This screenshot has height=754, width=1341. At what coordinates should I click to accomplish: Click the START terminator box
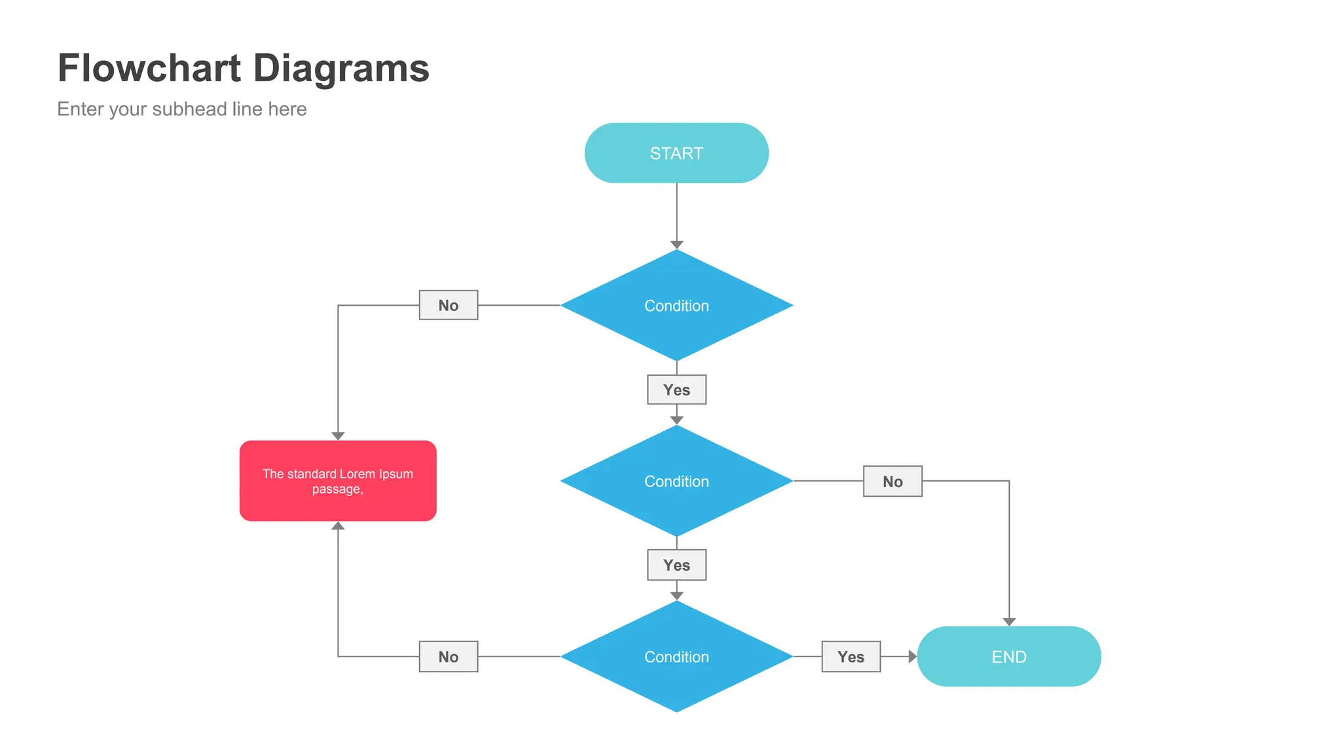pyautogui.click(x=676, y=153)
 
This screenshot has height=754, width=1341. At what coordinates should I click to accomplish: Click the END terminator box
pyautogui.click(x=1008, y=656)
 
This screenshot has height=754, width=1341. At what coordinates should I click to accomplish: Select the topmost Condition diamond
pyautogui.click(x=676, y=306)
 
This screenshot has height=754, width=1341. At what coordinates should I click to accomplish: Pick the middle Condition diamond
pyautogui.click(x=676, y=481)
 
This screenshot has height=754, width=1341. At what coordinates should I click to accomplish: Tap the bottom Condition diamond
pyautogui.click(x=676, y=656)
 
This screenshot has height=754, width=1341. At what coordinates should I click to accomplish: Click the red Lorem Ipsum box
pyautogui.click(x=338, y=481)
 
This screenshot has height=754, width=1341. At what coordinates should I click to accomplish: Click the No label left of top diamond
pyautogui.click(x=449, y=305)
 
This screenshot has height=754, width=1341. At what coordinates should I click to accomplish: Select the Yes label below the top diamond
pyautogui.click(x=676, y=389)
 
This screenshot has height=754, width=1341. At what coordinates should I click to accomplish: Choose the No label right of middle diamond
pyautogui.click(x=892, y=481)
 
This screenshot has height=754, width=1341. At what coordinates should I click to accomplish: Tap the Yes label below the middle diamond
pyautogui.click(x=676, y=565)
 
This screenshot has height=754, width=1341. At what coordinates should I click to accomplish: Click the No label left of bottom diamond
pyautogui.click(x=449, y=656)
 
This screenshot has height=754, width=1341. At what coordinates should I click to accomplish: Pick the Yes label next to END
pyautogui.click(x=851, y=656)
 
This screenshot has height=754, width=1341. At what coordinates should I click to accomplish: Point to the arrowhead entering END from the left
pyautogui.click(x=912, y=656)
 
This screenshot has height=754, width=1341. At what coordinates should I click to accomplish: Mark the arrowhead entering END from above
pyautogui.click(x=1009, y=622)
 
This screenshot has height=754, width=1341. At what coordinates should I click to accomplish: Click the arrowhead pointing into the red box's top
pyautogui.click(x=338, y=436)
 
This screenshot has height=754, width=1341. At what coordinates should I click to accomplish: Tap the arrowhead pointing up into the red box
pyautogui.click(x=338, y=526)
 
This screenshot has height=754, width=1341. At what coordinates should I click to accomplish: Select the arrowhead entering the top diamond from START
pyautogui.click(x=676, y=245)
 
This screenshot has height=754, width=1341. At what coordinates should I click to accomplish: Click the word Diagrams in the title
pyautogui.click(x=340, y=68)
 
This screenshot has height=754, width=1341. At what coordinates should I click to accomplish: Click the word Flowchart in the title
pyautogui.click(x=149, y=68)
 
